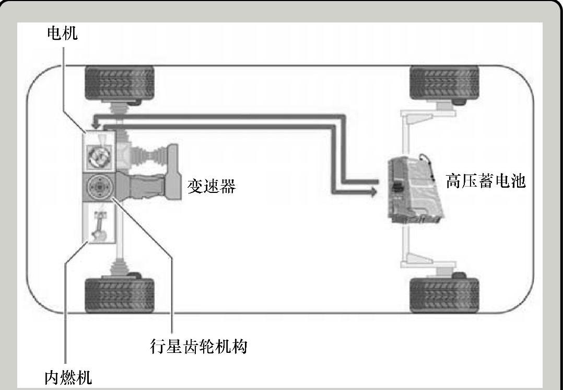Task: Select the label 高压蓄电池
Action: (x=485, y=181)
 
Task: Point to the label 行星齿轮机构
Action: (x=197, y=346)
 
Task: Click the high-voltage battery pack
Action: (x=415, y=190)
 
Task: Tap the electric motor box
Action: (x=99, y=152)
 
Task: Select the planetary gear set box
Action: (x=99, y=187)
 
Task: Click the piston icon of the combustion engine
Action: (x=99, y=225)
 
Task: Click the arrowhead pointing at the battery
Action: (x=372, y=192)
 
